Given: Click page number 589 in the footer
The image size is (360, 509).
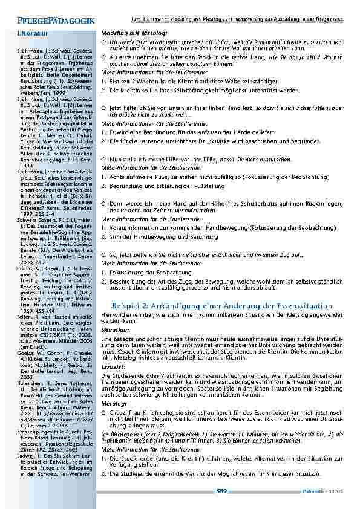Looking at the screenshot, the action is pos(221,491).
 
